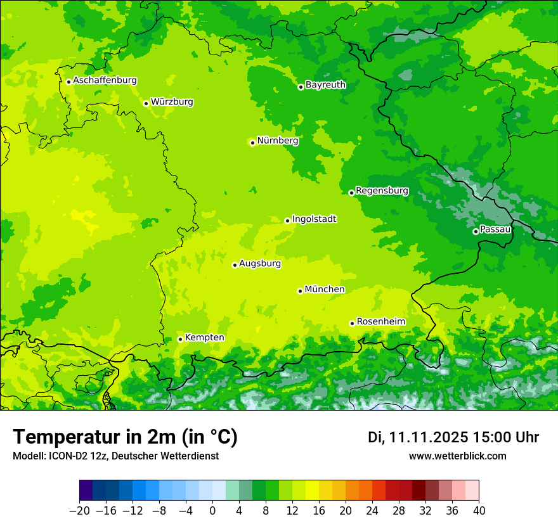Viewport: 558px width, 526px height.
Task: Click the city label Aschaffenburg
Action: (x=105, y=80)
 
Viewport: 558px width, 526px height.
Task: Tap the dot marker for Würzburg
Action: (x=146, y=103)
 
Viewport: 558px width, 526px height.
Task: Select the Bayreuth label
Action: (x=325, y=84)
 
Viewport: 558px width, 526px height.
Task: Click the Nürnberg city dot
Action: (x=252, y=143)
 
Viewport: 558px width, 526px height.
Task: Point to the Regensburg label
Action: (x=382, y=190)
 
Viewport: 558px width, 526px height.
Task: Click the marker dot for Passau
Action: (x=476, y=231)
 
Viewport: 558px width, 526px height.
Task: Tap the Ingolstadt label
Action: (x=314, y=219)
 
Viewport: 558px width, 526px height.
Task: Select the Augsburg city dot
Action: (x=235, y=265)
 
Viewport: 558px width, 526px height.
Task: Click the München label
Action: (x=325, y=289)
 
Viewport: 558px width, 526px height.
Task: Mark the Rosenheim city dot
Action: (x=352, y=323)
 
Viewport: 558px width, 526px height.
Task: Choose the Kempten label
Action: (x=204, y=337)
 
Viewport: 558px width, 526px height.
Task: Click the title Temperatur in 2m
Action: (x=125, y=437)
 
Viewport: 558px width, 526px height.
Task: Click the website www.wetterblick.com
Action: (x=457, y=456)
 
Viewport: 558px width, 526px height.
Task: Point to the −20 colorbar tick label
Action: (x=79, y=510)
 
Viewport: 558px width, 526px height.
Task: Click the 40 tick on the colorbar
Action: (x=479, y=510)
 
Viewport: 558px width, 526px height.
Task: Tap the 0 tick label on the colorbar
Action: (x=212, y=510)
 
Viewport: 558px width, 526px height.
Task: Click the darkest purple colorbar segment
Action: (x=86, y=491)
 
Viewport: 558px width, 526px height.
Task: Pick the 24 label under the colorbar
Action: (x=372, y=510)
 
